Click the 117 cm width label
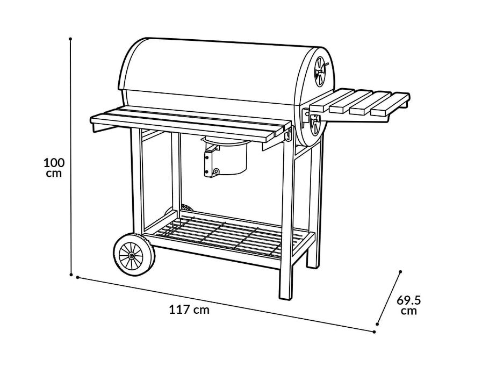(189, 310)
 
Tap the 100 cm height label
(54, 167)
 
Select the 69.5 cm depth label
(408, 305)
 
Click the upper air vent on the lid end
(321, 71)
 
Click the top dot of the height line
(71, 39)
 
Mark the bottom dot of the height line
(71, 274)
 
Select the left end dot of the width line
(78, 278)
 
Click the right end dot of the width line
(374, 332)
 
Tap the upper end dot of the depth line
(401, 271)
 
